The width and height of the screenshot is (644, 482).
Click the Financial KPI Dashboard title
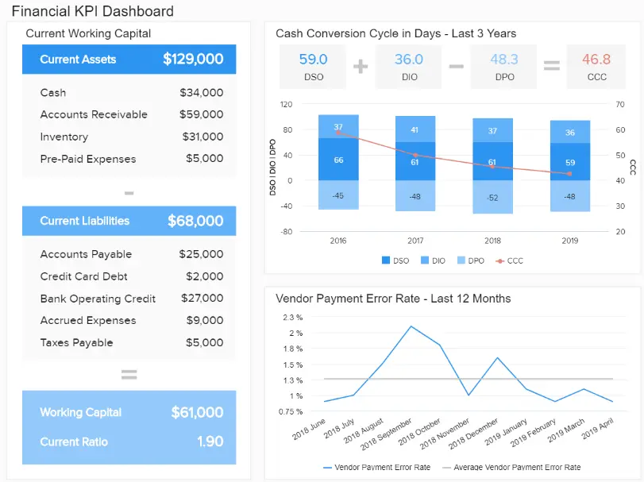tap(92, 11)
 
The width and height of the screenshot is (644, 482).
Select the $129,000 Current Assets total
tap(193, 59)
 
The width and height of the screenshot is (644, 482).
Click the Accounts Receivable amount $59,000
tap(201, 114)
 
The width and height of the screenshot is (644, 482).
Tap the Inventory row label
tap(64, 137)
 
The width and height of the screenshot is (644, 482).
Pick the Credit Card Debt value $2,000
tap(204, 276)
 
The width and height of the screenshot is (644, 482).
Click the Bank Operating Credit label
tap(98, 299)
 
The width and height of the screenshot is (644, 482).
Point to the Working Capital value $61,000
tap(197, 412)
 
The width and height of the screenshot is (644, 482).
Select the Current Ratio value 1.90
tap(210, 442)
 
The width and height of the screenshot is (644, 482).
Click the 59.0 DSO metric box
tap(313, 66)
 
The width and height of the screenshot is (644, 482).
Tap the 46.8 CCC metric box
tap(596, 66)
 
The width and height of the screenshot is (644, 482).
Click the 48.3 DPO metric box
tap(503, 66)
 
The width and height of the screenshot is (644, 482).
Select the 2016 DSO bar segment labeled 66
tap(338, 160)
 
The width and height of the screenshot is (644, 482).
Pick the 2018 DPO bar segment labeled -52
tap(492, 197)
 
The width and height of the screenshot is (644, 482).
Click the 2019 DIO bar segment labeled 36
tap(569, 133)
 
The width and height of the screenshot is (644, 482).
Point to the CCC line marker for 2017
tap(415, 155)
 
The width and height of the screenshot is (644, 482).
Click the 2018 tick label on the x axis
tap(492, 240)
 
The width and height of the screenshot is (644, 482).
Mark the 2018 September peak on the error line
tap(411, 326)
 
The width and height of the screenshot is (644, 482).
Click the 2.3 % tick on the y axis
tap(292, 317)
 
